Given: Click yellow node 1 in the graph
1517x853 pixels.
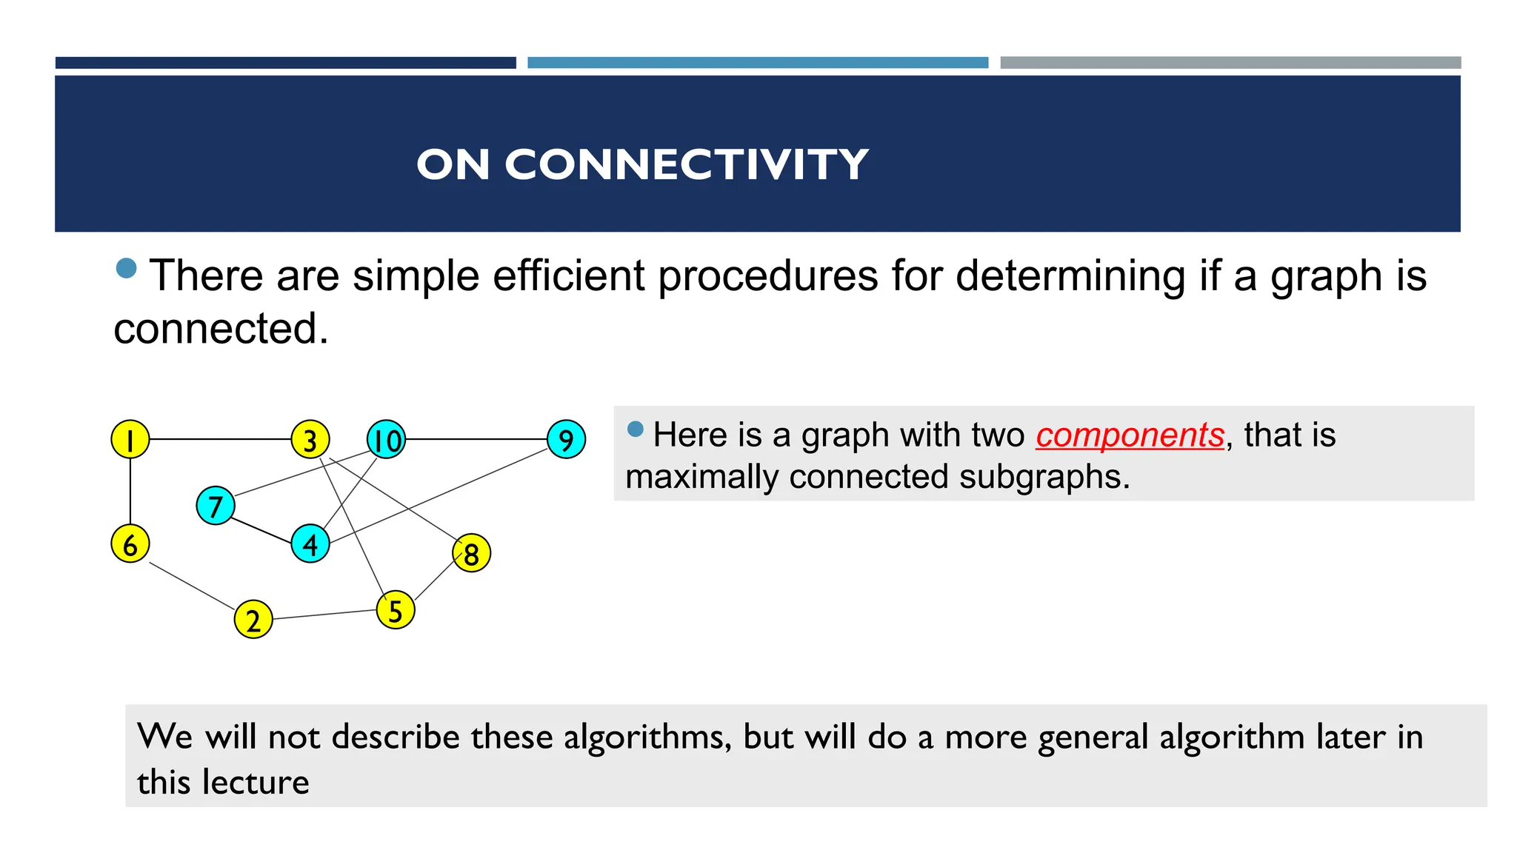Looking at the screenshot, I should [130, 440].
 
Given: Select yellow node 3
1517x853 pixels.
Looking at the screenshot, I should [310, 440].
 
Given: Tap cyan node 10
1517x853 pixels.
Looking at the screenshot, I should [386, 440].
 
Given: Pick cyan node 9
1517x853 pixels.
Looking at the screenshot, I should [566, 440].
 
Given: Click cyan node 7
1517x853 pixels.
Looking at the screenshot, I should [216, 506].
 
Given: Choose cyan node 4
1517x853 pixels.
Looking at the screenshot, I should [310, 544].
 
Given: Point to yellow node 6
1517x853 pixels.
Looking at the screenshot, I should [130, 544].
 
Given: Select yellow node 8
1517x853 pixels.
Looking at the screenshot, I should [471, 553].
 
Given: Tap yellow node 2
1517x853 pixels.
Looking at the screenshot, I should [253, 620].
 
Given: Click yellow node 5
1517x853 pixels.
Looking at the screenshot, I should [396, 610].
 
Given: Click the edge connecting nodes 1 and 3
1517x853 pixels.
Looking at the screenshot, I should [220, 440].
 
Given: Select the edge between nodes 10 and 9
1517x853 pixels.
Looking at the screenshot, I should [476, 440].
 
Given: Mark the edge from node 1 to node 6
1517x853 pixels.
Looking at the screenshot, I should [130, 492].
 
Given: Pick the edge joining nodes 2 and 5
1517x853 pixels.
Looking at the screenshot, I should [324, 615].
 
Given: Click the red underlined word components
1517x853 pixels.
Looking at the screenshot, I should [1130, 435].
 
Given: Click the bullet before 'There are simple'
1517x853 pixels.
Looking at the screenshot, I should [127, 268].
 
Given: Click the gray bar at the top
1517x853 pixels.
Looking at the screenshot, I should [1230, 63].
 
